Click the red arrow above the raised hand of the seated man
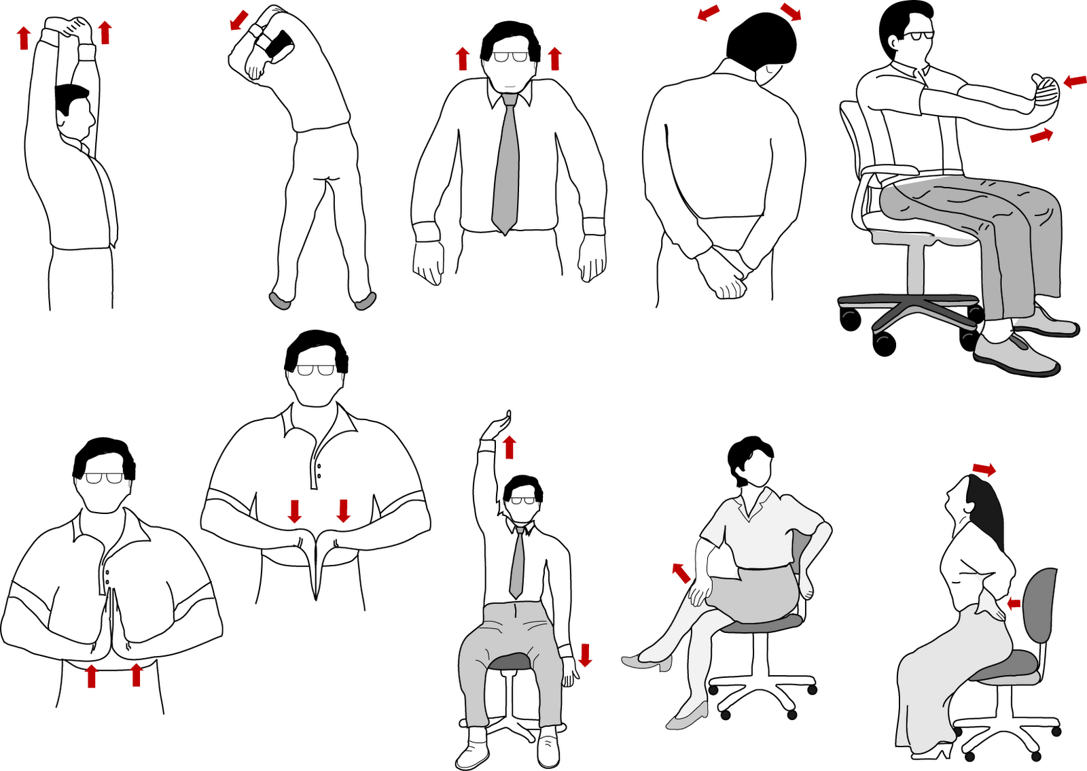[x=509, y=447]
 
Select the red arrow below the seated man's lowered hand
[x=585, y=655]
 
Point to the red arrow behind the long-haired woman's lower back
[x=1014, y=603]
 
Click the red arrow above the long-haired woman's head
[x=984, y=469]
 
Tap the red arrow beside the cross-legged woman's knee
[x=681, y=572]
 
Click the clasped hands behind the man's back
[x=724, y=272]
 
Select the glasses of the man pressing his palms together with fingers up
[x=104, y=478]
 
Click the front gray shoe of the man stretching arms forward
[x=1016, y=354]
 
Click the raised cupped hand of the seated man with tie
[x=496, y=427]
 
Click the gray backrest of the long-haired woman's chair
[x=1041, y=605]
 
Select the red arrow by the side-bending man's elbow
[x=239, y=20]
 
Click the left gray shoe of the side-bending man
[x=279, y=300]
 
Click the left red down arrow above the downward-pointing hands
[x=294, y=511]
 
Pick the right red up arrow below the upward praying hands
[x=136, y=674]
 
